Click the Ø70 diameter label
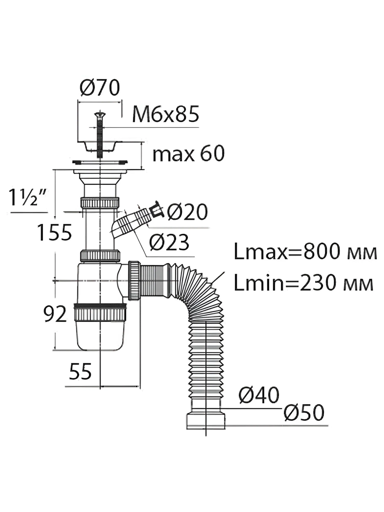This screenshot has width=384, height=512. pyautogui.click(x=100, y=88)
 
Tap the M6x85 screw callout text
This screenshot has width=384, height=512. pyautogui.click(x=166, y=114)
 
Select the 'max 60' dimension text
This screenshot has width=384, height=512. pyautogui.click(x=189, y=154)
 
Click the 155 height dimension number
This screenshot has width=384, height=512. pyautogui.click(x=55, y=232)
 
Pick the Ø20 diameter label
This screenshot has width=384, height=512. pyautogui.click(x=187, y=212)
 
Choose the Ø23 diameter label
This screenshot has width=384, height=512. pyautogui.click(x=169, y=242)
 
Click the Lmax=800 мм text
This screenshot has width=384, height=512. pyautogui.click(x=305, y=252)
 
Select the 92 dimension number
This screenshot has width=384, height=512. pyautogui.click(x=55, y=314)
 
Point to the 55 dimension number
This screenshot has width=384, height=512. pyautogui.click(x=80, y=371)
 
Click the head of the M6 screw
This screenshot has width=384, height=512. pyautogui.click(x=99, y=114)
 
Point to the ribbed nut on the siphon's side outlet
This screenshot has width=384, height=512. pyautogui.click(x=134, y=280)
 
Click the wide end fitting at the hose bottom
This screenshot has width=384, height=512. pyautogui.click(x=206, y=421)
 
